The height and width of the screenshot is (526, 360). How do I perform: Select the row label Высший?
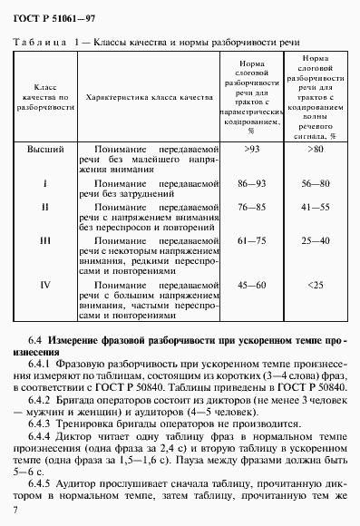tap(44, 147)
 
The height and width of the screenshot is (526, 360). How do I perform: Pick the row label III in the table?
tap(44, 242)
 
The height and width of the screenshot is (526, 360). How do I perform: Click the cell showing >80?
tap(316, 147)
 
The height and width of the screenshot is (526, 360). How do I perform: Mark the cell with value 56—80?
tap(316, 182)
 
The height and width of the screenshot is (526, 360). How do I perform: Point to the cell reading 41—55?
tap(316, 206)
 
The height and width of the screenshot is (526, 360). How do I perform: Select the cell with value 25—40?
tap(316, 242)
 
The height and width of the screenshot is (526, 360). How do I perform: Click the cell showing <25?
tap(316, 285)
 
